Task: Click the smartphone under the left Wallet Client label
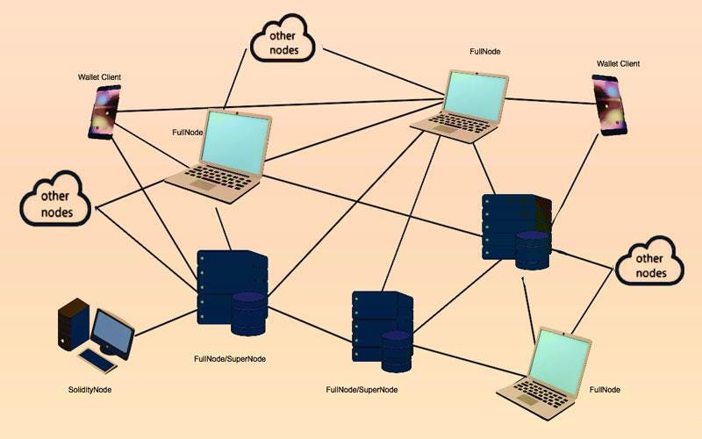tap(104, 112)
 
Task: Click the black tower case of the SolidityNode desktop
tap(73, 325)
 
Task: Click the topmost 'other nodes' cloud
tap(283, 40)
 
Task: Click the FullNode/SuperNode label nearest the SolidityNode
tap(230, 359)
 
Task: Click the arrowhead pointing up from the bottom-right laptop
tap(524, 280)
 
